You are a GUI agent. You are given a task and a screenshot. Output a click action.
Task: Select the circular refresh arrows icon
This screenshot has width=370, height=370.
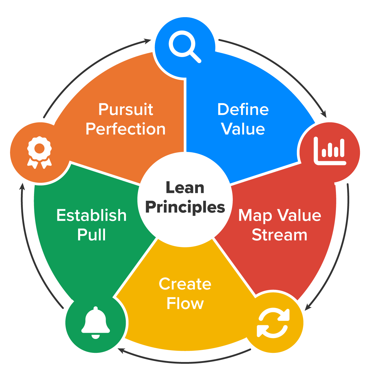click(x=273, y=323)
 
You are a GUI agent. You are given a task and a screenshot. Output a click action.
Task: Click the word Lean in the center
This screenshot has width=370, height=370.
click(x=185, y=188)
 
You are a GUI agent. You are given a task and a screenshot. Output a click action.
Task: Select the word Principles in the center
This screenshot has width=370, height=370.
click(x=185, y=207)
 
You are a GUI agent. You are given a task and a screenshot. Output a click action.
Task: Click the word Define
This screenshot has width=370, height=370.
click(x=243, y=109)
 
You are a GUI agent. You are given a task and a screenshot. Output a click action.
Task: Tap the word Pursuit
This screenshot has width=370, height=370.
click(x=126, y=109)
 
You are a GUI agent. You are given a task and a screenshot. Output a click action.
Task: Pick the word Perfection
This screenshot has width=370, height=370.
click(x=126, y=129)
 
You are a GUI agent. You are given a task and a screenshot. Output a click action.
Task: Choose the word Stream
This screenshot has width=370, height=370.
click(x=279, y=235)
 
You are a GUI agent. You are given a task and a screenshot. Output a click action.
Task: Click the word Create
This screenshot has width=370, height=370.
click(x=185, y=284)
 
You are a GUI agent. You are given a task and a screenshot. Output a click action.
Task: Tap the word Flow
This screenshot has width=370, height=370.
click(x=185, y=304)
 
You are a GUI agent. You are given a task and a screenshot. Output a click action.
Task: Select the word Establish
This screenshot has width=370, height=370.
click(x=91, y=215)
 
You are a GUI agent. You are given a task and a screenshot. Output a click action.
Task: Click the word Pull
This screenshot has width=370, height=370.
click(x=91, y=235)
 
